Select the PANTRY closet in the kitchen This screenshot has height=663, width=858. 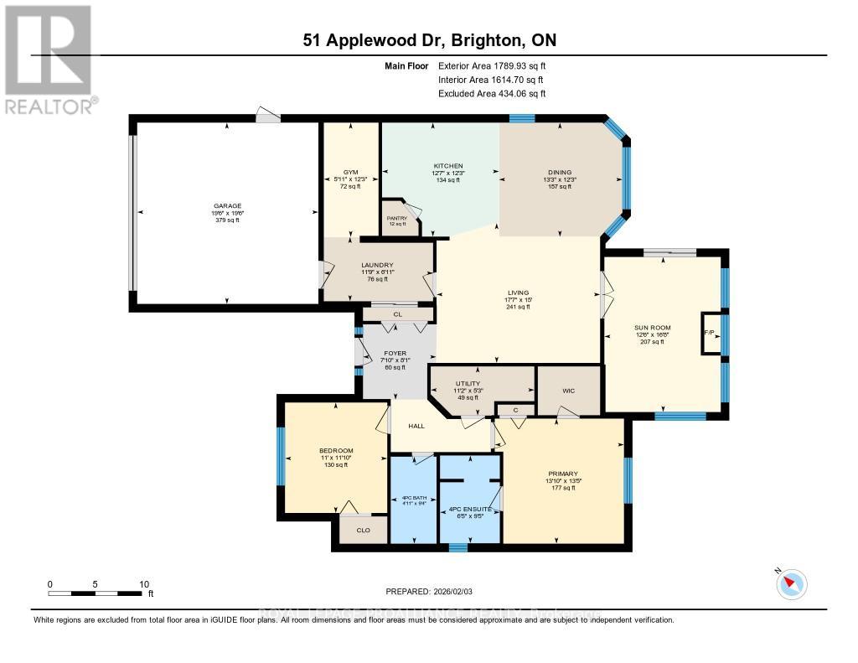point(396,218)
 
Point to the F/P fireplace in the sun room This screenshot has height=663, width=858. point(709,333)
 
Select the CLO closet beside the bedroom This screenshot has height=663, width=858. point(363,530)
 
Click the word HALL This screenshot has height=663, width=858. point(416,426)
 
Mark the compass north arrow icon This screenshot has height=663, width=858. point(792,583)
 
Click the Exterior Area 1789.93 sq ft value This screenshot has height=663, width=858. point(492,65)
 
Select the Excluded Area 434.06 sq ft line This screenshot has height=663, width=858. point(492,94)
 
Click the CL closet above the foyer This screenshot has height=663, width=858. point(396,315)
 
